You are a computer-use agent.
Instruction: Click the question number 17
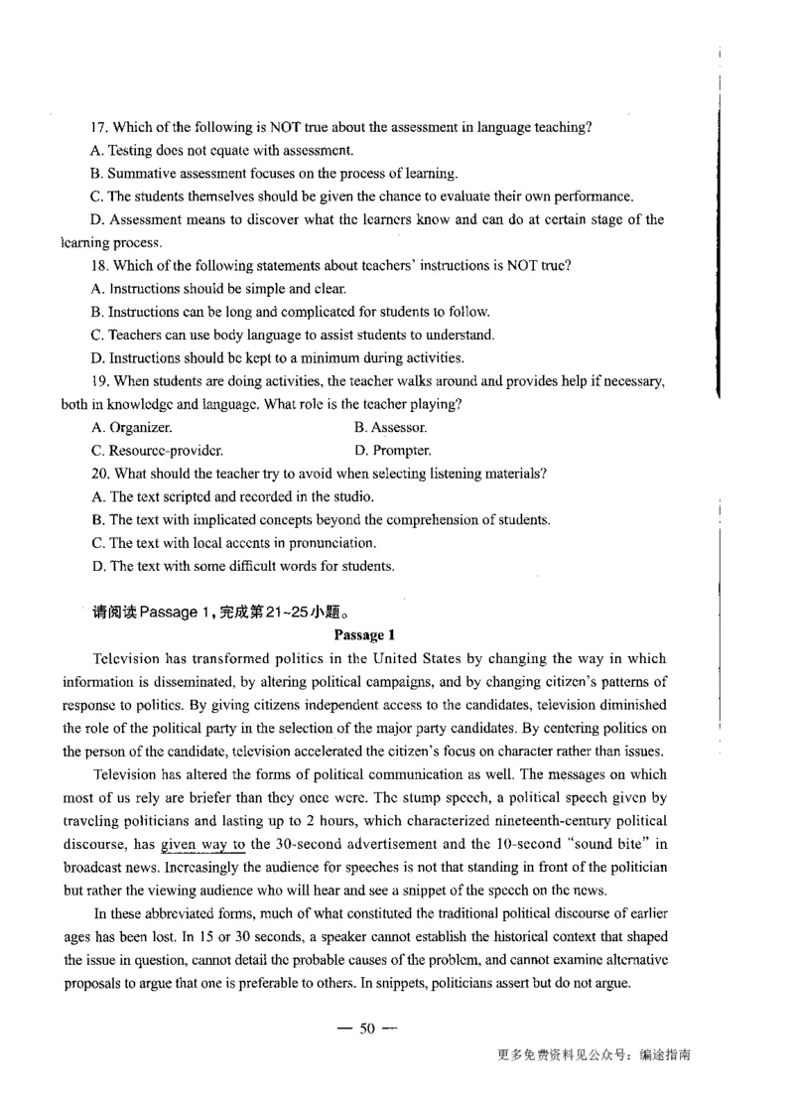coord(97,127)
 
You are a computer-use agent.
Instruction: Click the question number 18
coord(97,265)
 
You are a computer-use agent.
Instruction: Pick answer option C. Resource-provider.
coord(157,451)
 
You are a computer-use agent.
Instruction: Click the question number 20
coord(98,474)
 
